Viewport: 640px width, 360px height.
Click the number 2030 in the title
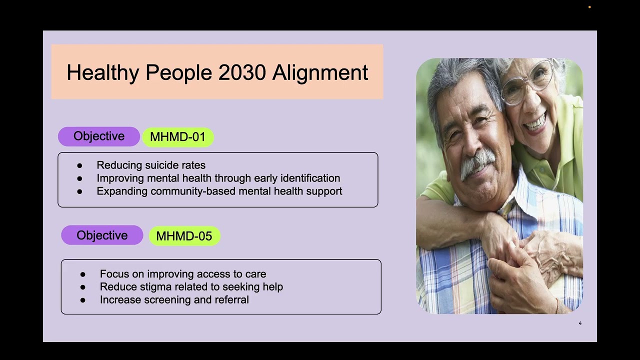coord(242,72)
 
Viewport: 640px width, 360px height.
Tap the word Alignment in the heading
coord(320,72)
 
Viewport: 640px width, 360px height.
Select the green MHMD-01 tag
coord(177,137)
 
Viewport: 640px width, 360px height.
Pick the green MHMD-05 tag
coord(184,236)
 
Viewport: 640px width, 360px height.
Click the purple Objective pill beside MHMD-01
coord(99,136)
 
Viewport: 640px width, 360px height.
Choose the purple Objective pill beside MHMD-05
coord(102,235)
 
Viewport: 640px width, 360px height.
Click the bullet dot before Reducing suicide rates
coord(79,165)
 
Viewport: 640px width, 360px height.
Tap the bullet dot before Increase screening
coord(82,300)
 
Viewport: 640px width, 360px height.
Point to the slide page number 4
coord(580,323)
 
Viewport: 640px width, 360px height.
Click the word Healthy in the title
coord(102,72)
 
